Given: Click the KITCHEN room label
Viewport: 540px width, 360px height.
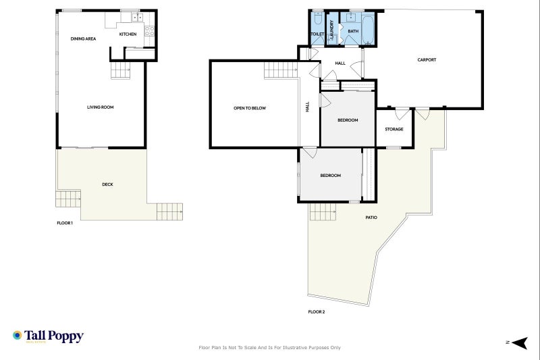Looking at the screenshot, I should pos(128,34).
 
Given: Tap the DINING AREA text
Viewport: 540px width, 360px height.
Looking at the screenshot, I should pos(83,38).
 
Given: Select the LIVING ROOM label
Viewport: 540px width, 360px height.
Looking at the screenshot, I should pos(99,107).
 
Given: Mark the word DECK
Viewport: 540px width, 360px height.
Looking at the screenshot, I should pos(107,184).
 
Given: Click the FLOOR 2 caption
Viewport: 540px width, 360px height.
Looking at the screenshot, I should pos(317,311).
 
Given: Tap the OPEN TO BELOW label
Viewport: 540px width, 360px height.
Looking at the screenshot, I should pos(250,107).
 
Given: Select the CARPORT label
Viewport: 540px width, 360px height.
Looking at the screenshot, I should pos(427,59).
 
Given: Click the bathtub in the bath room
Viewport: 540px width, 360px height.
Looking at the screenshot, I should pos(368,30).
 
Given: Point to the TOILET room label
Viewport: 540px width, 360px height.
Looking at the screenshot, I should pos(317,34).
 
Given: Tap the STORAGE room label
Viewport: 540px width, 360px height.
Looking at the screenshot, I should pos(394,129).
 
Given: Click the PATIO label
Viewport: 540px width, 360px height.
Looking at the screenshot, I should pos(371,217).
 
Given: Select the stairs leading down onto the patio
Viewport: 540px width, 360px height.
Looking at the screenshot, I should pos(323,211).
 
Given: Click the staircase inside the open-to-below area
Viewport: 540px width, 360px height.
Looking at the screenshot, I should pos(279,69).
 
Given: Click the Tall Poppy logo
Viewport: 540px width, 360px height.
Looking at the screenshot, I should pos(48,336).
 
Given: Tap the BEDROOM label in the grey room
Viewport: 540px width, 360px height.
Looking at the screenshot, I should pos(348,120).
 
